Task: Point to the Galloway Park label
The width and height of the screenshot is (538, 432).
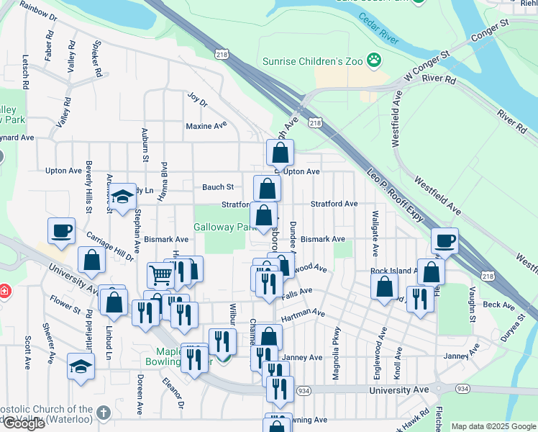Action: click(220, 227)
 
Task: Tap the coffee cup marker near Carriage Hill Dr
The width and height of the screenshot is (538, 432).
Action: click(61, 230)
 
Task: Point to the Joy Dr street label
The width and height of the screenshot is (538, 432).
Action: click(197, 99)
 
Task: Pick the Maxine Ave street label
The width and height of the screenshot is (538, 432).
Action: click(206, 126)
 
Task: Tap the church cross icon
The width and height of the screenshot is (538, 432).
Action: click(103, 413)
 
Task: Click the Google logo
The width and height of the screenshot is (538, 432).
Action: click(24, 423)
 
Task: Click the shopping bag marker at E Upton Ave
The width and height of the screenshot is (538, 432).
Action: click(280, 152)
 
